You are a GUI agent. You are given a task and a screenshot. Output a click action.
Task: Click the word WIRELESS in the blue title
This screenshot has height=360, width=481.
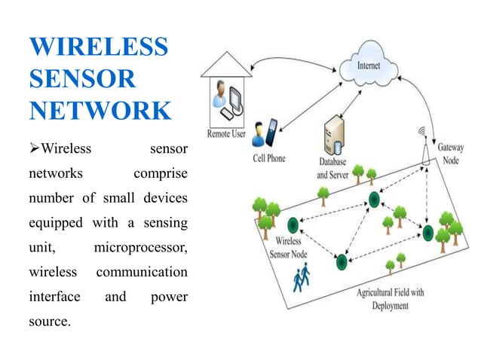click(98, 47)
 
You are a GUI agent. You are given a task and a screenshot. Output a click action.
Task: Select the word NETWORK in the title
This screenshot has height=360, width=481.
click(100, 110)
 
